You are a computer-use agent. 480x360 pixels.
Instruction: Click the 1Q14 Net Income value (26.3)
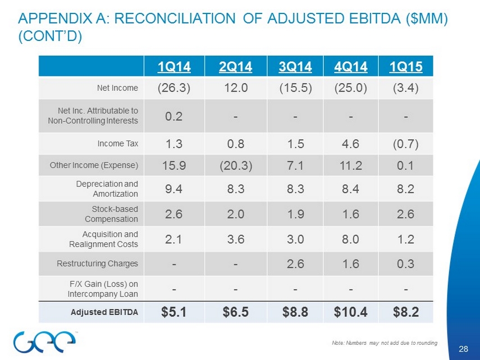(x=173, y=88)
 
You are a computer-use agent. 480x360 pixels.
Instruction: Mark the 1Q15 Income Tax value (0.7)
(x=406, y=143)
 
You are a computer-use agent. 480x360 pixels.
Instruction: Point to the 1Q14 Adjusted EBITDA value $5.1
(x=173, y=311)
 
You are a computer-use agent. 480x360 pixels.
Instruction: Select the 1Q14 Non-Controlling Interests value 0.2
(x=173, y=116)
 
